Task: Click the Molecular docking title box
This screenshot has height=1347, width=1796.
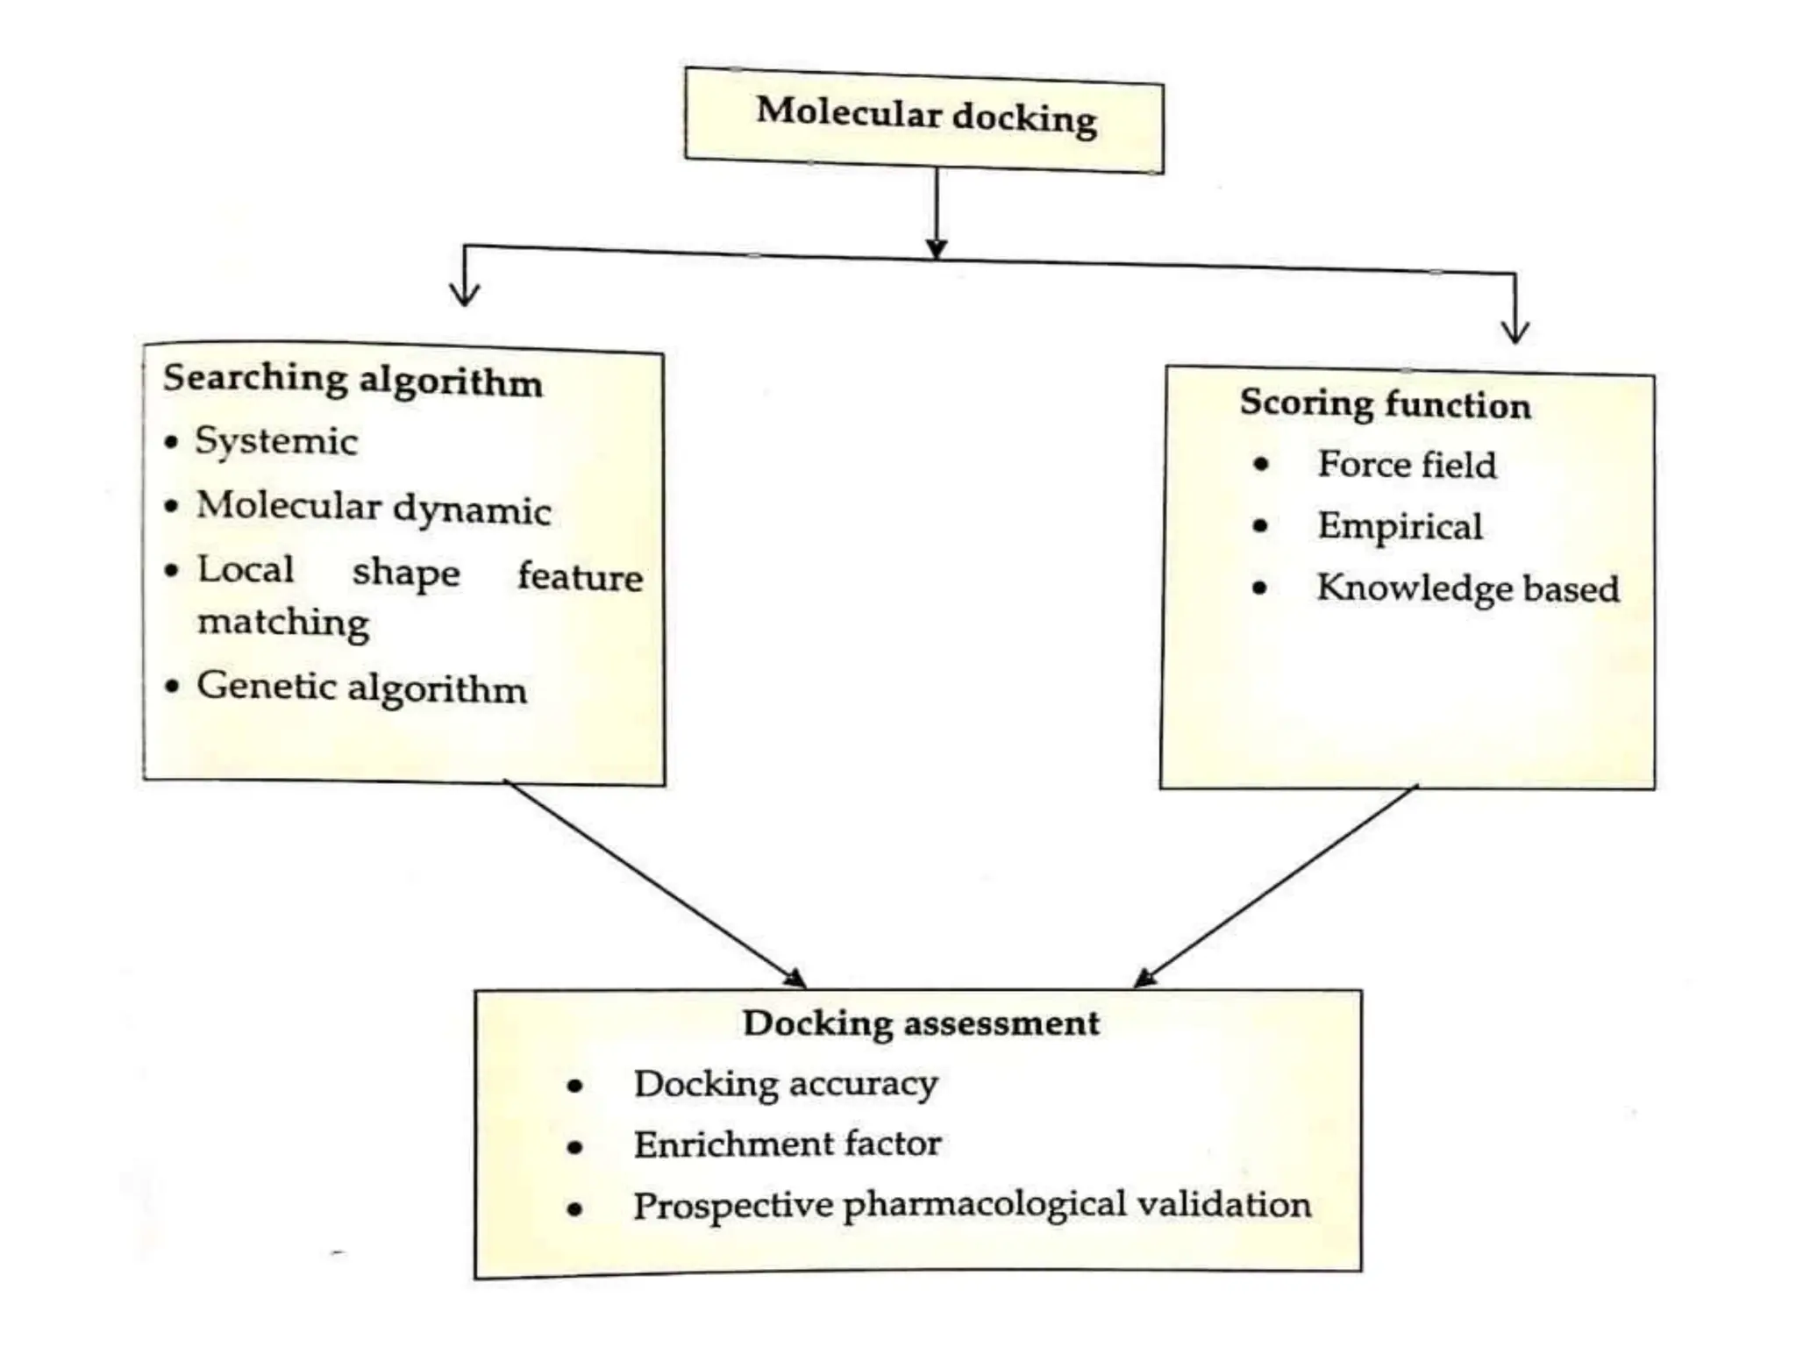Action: [924, 121]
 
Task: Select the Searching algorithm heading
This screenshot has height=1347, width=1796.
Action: [353, 381]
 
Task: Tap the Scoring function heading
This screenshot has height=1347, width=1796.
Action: [1385, 404]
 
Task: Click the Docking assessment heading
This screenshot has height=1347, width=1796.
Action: [920, 1023]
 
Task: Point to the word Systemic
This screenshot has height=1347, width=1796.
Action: [276, 441]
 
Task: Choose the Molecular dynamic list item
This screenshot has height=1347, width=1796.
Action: [374, 508]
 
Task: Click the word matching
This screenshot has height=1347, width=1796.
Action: [283, 623]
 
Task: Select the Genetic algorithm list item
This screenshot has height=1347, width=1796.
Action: [361, 688]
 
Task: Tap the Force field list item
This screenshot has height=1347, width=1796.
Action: [1407, 465]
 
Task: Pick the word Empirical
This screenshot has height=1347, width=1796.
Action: [1400, 526]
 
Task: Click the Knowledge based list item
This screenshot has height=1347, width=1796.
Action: [1468, 588]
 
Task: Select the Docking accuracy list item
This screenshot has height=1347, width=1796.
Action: [786, 1085]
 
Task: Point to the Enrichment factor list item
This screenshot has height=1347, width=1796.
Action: [788, 1144]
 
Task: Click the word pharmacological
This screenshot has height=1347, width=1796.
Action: [984, 1207]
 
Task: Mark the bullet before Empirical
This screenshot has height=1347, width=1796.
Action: [1261, 526]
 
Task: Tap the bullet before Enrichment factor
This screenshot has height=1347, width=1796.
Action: [575, 1147]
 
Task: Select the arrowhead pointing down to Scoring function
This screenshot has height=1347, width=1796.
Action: [1514, 331]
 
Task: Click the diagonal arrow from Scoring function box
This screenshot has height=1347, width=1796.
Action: [1276, 886]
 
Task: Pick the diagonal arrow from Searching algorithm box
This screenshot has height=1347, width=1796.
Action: [654, 882]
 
